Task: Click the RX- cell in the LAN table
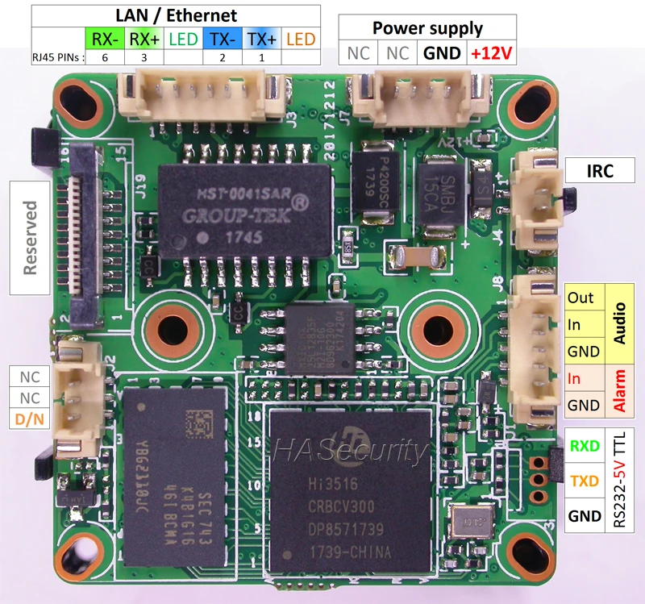coord(102,38)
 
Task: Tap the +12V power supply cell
coord(490,53)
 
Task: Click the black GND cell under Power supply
coord(441,53)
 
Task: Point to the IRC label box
coord(600,170)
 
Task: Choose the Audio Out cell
coord(581,297)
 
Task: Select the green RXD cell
coord(585,445)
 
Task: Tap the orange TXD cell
coord(585,481)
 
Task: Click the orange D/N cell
coord(29,419)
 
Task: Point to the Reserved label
coord(31,238)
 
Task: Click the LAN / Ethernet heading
coord(176,15)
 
